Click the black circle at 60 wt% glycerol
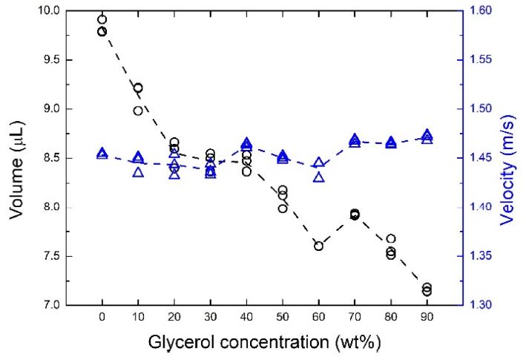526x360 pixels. point(318,246)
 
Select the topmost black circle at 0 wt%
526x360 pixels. point(102,19)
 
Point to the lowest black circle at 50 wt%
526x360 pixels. point(283,209)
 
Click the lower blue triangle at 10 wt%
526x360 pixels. point(138,172)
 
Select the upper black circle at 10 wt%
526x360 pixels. point(138,88)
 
